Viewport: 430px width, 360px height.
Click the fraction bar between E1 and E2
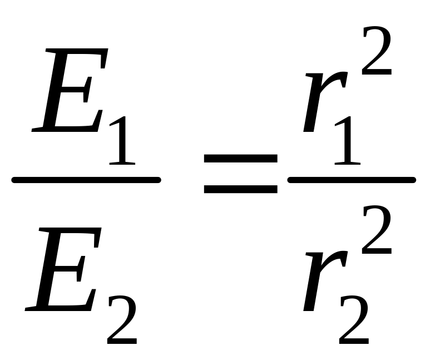tap(86, 180)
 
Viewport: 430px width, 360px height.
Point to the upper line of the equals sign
tap(240, 159)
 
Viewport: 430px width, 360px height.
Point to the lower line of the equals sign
tap(240, 189)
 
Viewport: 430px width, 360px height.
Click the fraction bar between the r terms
tap(350, 179)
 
